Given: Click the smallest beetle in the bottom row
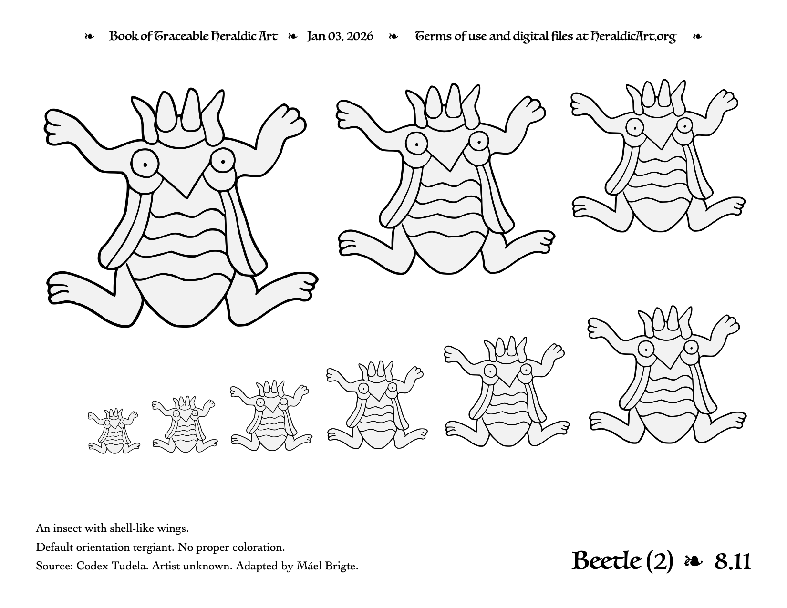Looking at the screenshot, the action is tap(114, 431).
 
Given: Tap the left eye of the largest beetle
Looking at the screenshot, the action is tap(145, 164).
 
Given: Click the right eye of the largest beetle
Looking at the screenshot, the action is tap(222, 161).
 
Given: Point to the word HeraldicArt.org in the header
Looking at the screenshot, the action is tap(633, 37).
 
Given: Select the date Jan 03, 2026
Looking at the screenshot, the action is tap(340, 36).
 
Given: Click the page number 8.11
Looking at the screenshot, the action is tap(733, 562).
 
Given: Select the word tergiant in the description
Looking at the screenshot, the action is tap(149, 547).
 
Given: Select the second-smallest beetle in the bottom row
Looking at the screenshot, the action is tap(185, 424).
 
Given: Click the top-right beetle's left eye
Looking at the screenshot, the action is tap(635, 127).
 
